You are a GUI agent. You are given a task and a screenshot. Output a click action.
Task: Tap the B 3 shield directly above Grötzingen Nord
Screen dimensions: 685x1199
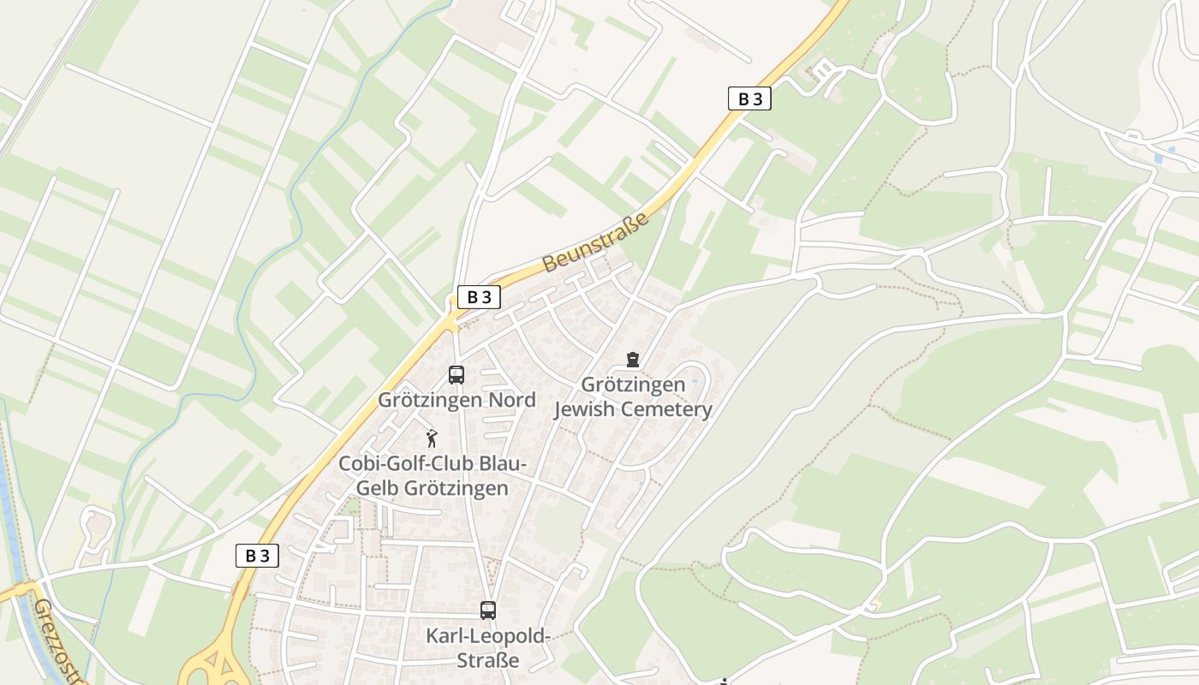tap(479, 297)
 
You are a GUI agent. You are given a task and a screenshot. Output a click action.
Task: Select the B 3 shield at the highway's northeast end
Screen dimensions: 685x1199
tap(749, 98)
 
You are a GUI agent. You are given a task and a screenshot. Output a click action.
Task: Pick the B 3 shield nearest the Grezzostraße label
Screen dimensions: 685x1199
tap(257, 556)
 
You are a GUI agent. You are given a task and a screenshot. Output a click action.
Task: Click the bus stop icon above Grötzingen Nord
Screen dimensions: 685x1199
tap(456, 374)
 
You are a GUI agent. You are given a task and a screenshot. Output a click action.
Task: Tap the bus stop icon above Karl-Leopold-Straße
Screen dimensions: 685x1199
tap(488, 611)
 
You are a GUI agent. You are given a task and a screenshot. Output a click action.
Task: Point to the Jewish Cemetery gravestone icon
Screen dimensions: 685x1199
tap(633, 359)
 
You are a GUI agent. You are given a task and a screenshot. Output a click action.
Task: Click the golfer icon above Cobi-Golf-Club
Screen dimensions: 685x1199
tap(432, 438)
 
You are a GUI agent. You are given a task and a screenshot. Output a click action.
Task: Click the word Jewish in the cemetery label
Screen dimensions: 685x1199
tap(585, 409)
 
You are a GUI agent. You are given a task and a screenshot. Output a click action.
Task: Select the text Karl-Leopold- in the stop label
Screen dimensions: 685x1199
tap(488, 636)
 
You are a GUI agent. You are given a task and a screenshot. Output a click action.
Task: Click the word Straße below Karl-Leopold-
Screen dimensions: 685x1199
tap(488, 660)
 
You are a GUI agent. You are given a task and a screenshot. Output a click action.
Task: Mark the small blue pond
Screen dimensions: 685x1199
tap(1159, 158)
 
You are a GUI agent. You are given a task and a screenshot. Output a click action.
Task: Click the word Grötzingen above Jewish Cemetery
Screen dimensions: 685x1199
tap(633, 384)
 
